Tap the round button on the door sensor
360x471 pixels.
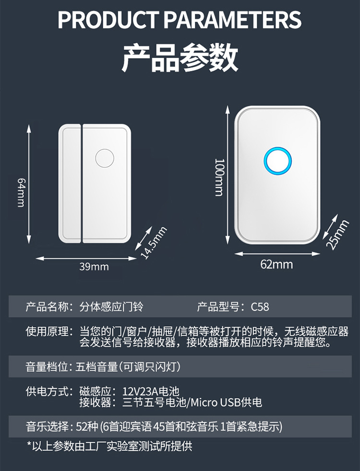[x=104, y=158]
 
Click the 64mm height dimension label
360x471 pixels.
[x=21, y=192]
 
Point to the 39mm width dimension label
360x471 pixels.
[x=94, y=267]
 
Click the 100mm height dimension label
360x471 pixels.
[x=219, y=177]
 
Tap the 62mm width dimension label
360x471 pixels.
[x=276, y=264]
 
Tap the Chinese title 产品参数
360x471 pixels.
[x=180, y=58]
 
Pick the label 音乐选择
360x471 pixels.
[x=46, y=426]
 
